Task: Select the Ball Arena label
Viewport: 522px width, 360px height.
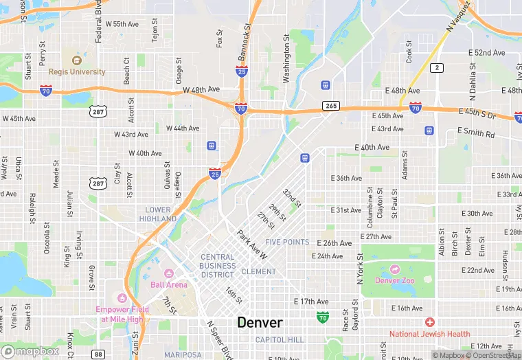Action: click(168, 284)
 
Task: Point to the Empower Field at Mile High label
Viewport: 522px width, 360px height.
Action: click(122, 313)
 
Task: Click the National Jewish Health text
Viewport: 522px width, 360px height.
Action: click(429, 334)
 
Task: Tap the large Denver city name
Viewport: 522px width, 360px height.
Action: click(260, 322)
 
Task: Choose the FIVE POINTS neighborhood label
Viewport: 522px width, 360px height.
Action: click(287, 242)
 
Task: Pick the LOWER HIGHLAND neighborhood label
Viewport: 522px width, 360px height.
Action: click(159, 214)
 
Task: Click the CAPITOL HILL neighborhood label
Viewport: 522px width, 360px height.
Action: click(280, 340)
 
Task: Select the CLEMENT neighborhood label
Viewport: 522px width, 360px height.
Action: click(258, 271)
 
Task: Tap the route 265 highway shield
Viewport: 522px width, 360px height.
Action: click(331, 106)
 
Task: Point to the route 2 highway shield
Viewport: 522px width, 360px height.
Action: click(436, 67)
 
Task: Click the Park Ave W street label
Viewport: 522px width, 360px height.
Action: click(251, 244)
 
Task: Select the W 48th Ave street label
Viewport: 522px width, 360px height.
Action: click(201, 90)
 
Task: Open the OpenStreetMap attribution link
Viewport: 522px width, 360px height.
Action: click(492, 355)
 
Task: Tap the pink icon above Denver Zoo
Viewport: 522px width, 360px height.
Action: click(396, 269)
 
